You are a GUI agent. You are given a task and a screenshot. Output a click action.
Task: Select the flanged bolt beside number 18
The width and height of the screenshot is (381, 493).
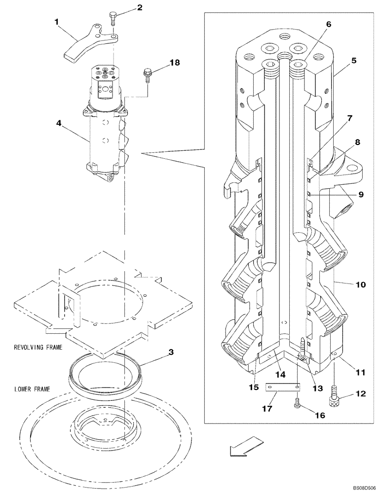tap(147, 74)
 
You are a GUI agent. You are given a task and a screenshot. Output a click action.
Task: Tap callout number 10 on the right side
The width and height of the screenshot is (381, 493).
tap(361, 285)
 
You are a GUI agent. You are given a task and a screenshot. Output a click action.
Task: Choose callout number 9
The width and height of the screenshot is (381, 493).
tap(361, 194)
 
